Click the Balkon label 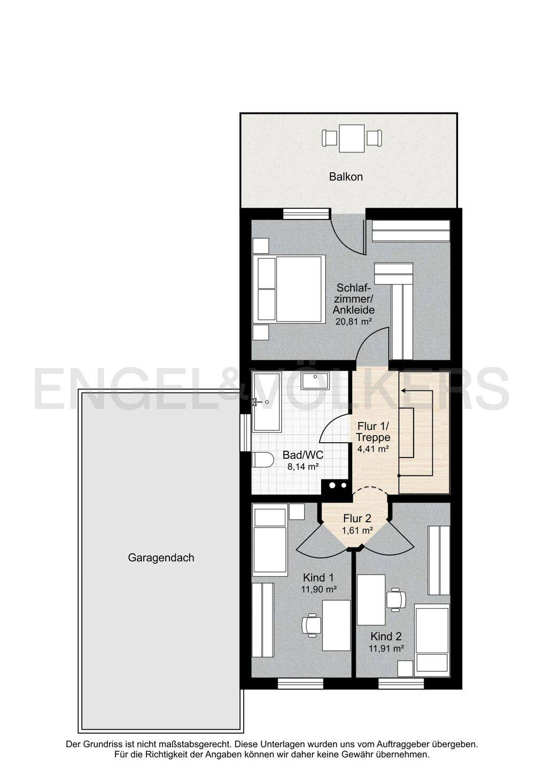tap(346, 177)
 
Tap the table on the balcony tap(352, 138)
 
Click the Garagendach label tap(161, 558)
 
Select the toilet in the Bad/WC tap(262, 459)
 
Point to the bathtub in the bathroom tap(267, 402)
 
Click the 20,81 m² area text tap(353, 321)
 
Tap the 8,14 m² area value tap(302, 467)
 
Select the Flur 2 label tap(357, 519)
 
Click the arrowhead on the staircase tap(404, 390)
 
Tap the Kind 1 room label tap(318, 577)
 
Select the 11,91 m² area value tap(386, 648)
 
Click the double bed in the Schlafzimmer tap(289, 289)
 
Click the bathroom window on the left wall tap(245, 433)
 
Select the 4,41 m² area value tap(373, 449)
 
